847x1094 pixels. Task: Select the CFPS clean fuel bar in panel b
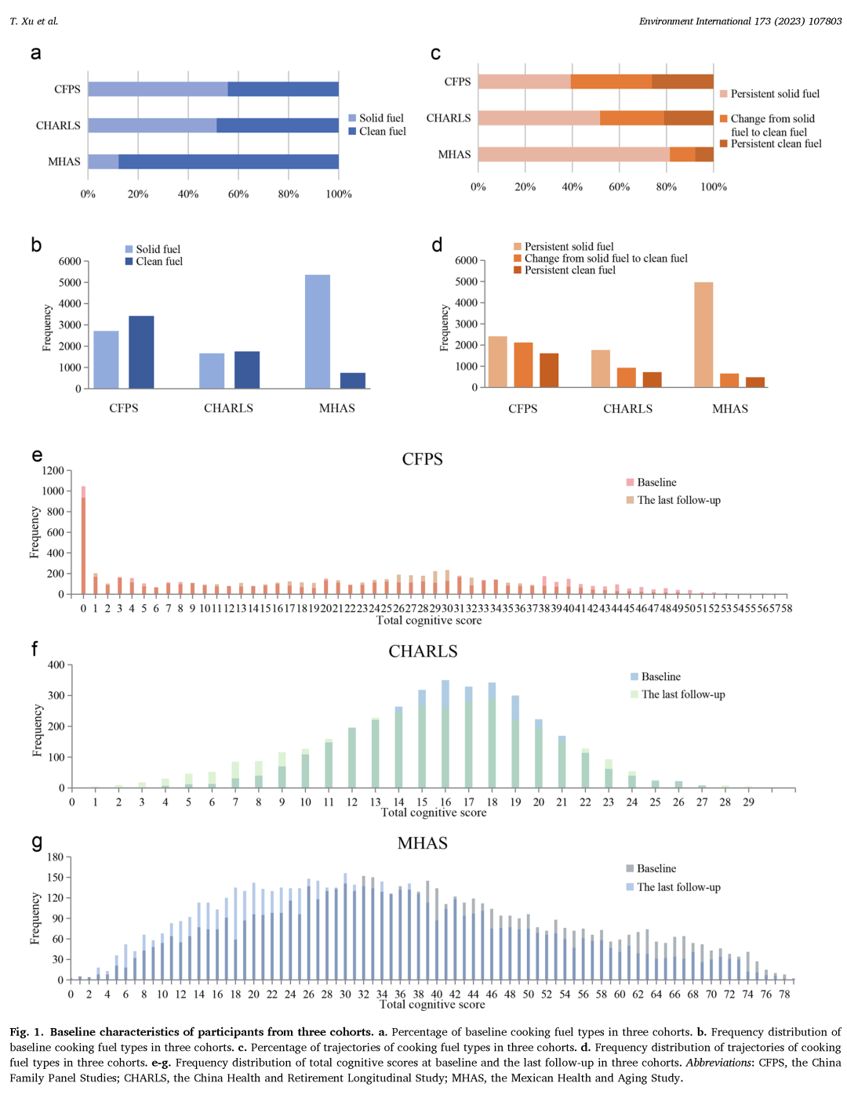[x=141, y=352]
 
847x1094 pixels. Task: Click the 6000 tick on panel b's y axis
[x=70, y=261]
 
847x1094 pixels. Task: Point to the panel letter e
[x=37, y=455]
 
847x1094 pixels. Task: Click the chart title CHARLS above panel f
[x=423, y=651]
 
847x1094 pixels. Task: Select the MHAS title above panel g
[x=422, y=843]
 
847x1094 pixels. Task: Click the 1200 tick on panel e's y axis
[x=53, y=471]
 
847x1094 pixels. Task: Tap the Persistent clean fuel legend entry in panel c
[x=776, y=144]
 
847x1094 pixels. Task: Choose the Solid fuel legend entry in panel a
[x=380, y=118]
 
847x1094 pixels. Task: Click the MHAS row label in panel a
[x=64, y=161]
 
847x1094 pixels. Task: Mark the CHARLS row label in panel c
[x=449, y=118]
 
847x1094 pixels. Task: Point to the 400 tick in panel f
[x=56, y=665]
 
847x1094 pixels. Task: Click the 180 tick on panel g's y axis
[x=55, y=857]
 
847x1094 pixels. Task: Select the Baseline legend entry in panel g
[x=656, y=868]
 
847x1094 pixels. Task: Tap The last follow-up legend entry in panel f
[x=682, y=694]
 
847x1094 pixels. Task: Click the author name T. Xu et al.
[x=34, y=21]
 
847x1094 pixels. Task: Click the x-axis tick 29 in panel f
[x=748, y=802]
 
